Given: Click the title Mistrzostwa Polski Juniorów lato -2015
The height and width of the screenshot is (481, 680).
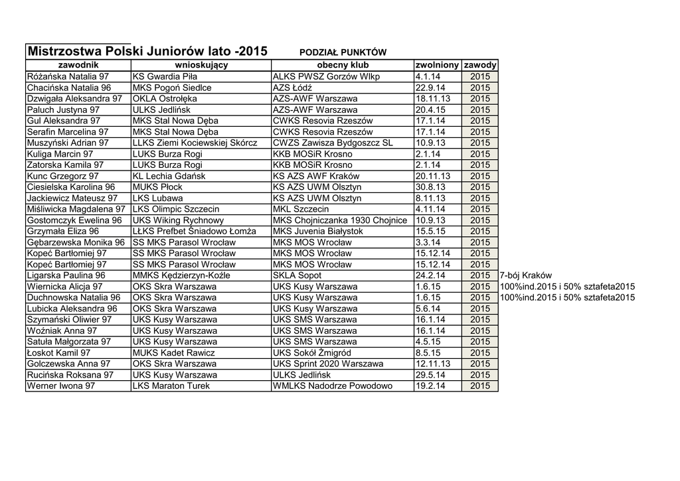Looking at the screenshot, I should click(x=147, y=51).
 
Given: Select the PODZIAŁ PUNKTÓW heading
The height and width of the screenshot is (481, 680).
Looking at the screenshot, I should click(x=343, y=52).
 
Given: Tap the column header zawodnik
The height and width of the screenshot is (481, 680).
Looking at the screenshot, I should click(x=78, y=65).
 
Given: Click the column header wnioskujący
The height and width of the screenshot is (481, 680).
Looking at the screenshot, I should click(x=201, y=65).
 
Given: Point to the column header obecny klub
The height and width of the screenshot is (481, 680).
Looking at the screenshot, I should click(x=343, y=65).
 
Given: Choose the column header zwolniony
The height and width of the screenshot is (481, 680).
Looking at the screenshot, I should click(x=437, y=65).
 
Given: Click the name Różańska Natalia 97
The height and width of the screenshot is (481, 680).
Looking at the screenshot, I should click(x=68, y=76).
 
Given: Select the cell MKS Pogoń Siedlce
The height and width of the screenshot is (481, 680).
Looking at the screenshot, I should click(x=172, y=88).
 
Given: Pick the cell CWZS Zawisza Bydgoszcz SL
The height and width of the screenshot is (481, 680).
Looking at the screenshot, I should click(x=333, y=143).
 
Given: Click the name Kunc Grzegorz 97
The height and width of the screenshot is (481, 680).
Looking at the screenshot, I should click(x=62, y=176).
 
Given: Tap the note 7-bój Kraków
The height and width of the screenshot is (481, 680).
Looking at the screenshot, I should click(x=525, y=275).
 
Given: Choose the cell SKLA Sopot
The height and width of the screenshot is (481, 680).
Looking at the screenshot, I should click(x=297, y=275).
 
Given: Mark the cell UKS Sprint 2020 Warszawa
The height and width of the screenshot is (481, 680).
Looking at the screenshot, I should click(x=328, y=364).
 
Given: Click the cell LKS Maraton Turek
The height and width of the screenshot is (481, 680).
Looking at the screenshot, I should click(x=171, y=385).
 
